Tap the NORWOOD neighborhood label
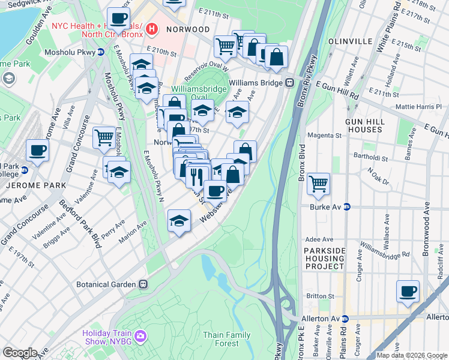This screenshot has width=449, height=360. (189, 29)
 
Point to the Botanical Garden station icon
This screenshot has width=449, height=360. (143, 284)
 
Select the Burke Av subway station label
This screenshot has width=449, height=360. (326, 207)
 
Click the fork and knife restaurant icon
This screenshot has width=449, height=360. (197, 176)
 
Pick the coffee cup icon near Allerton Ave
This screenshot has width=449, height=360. (408, 291)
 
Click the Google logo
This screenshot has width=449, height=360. (19, 352)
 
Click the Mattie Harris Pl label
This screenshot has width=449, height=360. (419, 107)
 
